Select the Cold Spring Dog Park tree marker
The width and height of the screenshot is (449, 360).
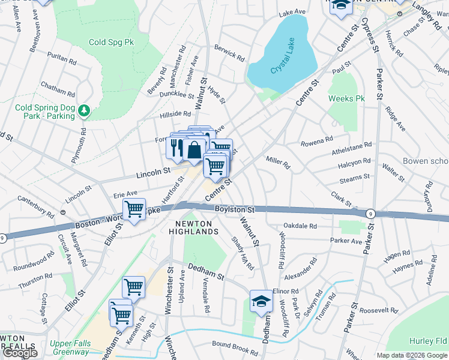click(85, 110)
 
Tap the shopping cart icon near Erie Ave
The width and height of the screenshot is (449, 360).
click(134, 210)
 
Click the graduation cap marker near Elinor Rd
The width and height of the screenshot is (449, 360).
click(261, 301)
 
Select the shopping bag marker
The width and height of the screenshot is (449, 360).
click(194, 149)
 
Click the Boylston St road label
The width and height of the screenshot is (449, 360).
click(235, 210)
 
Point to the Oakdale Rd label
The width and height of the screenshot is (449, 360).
click(300, 226)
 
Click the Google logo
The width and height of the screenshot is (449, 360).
click(20, 353)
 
